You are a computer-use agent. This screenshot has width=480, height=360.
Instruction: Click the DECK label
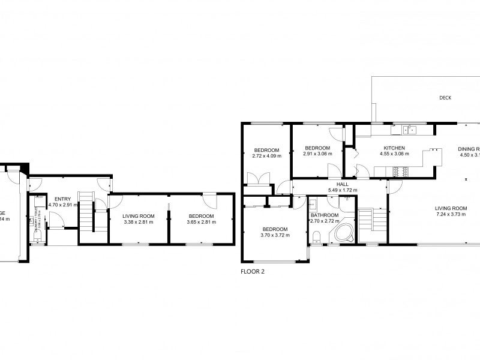(x=445, y=98)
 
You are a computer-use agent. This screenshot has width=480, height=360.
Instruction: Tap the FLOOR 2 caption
(x=252, y=271)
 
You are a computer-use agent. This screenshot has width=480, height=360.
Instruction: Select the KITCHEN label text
(x=394, y=148)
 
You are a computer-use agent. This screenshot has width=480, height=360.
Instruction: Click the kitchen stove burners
(x=400, y=172)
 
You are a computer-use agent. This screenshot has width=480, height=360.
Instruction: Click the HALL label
(x=343, y=185)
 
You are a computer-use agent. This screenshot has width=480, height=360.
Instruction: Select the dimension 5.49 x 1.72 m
(x=343, y=191)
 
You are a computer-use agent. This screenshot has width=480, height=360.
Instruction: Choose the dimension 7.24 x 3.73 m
(x=451, y=214)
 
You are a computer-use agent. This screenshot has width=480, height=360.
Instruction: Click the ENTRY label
(x=62, y=199)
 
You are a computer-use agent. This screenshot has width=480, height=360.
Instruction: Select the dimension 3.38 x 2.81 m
(x=139, y=222)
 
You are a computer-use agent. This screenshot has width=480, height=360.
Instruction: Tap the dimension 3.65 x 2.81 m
(x=200, y=222)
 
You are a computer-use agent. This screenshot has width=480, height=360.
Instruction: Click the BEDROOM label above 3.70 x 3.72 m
(x=275, y=229)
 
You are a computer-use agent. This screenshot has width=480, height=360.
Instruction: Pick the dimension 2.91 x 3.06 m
(x=317, y=154)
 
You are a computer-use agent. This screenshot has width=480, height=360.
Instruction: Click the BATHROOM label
(x=325, y=215)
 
